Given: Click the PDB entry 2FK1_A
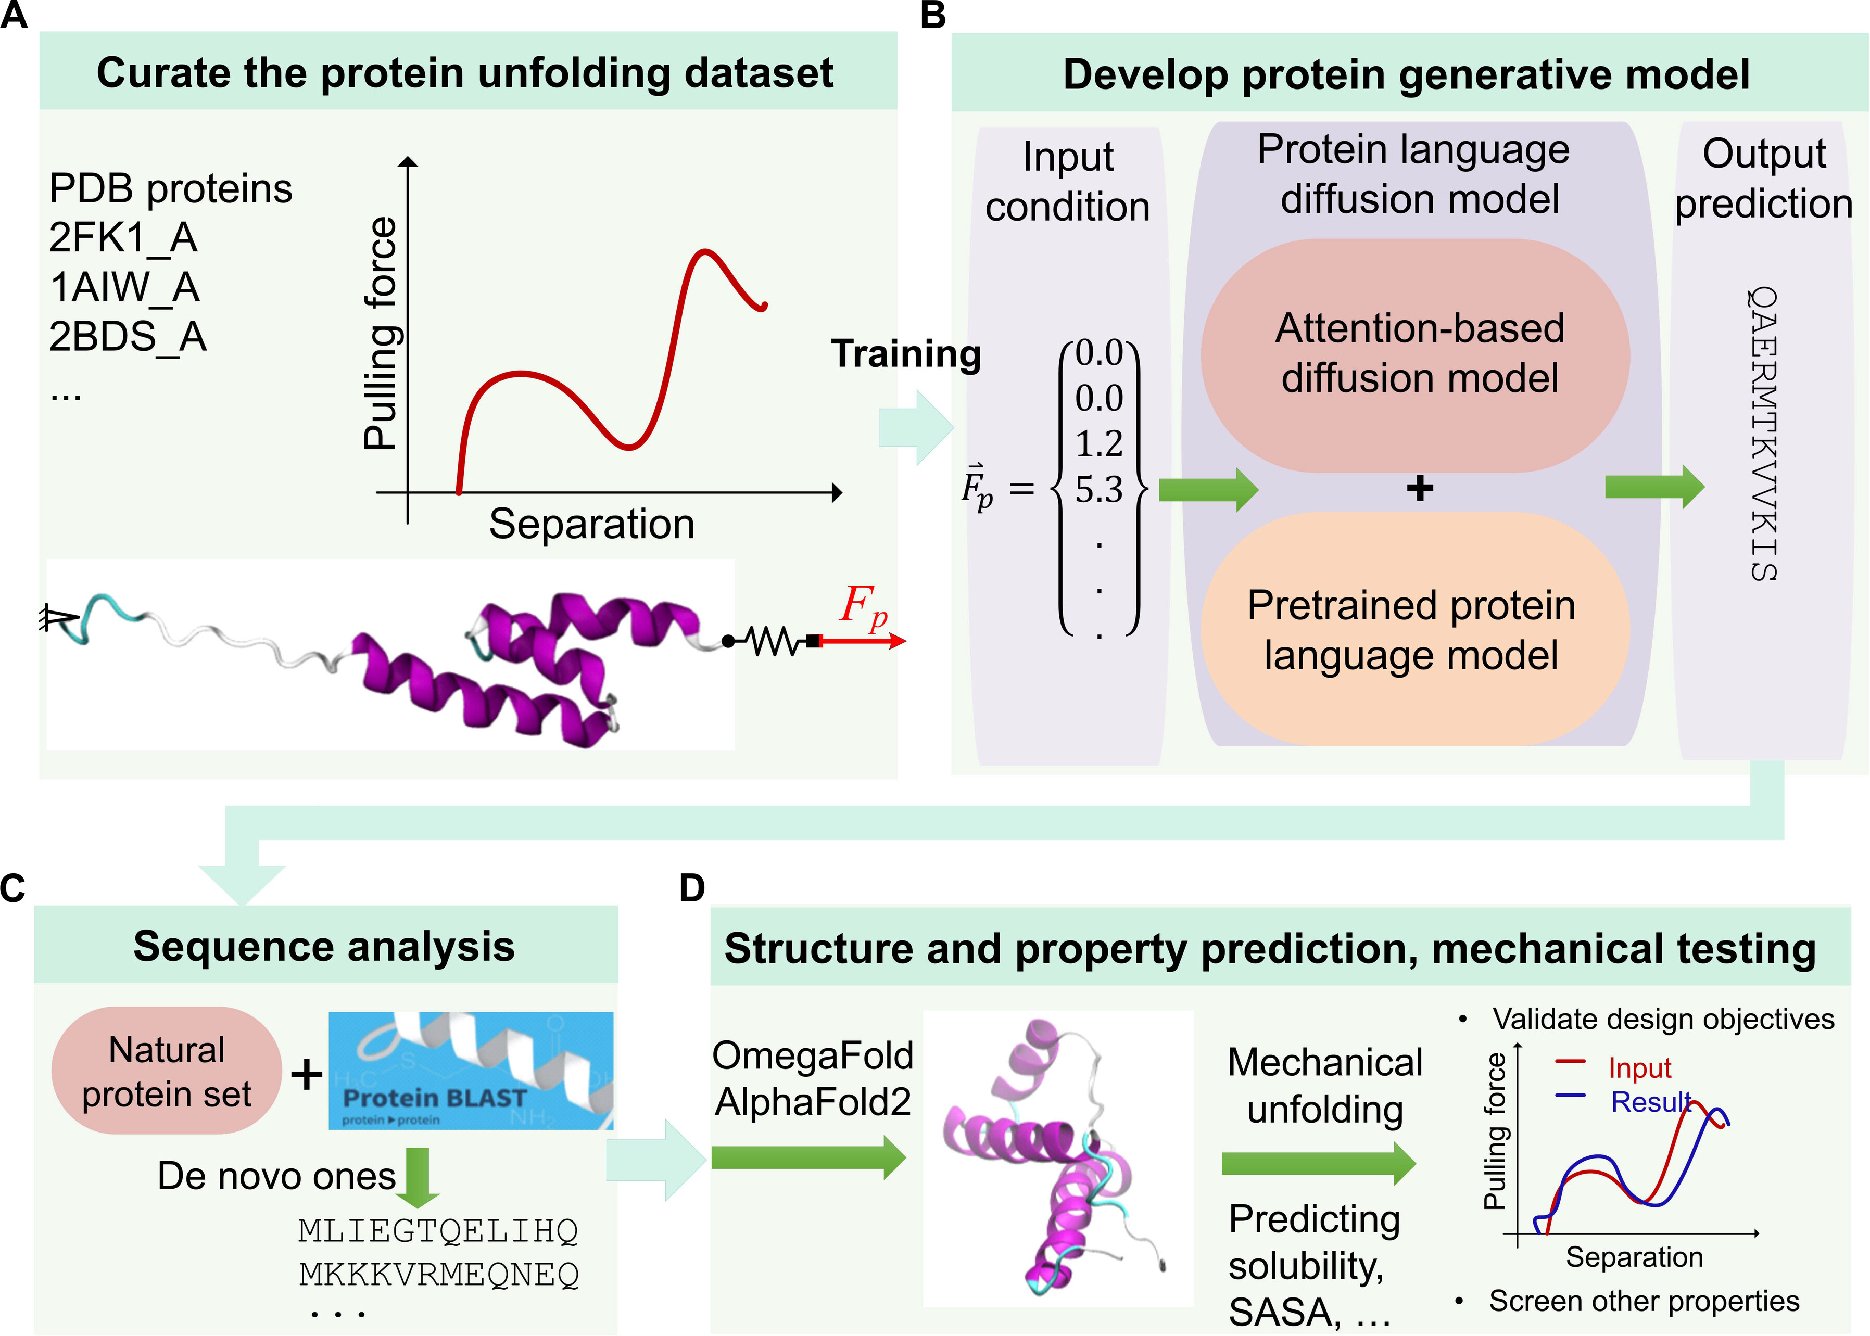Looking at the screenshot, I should tap(123, 238).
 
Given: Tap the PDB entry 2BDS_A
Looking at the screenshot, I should tap(128, 336).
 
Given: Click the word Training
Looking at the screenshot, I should tap(906, 354).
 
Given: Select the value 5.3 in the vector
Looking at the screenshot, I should tap(1098, 490).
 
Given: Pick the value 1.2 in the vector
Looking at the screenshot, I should tap(1098, 444).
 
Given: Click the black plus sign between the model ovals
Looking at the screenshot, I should tap(1419, 489).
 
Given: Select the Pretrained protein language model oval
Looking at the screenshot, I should tap(1415, 629).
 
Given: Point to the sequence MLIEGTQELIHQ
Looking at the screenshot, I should tap(438, 1231).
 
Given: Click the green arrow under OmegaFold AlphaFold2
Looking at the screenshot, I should tap(808, 1157).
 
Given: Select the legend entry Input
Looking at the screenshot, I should tap(1639, 1068).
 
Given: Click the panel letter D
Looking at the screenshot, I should tap(692, 888).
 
